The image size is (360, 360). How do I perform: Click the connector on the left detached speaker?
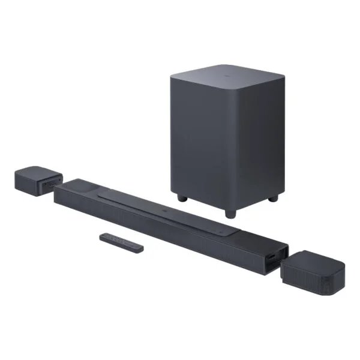(x=56, y=183)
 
